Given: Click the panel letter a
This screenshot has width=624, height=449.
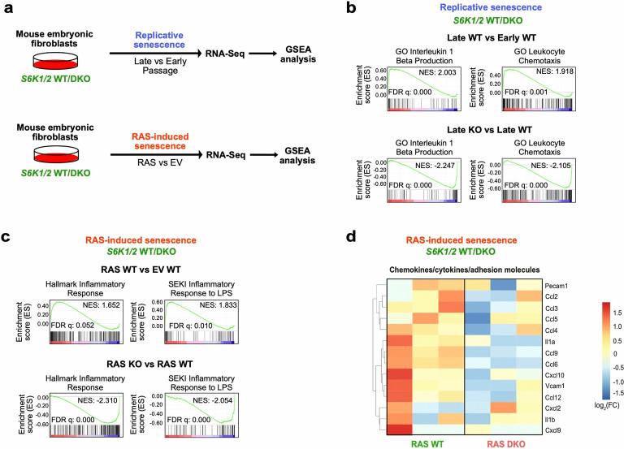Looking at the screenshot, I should (9, 10).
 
